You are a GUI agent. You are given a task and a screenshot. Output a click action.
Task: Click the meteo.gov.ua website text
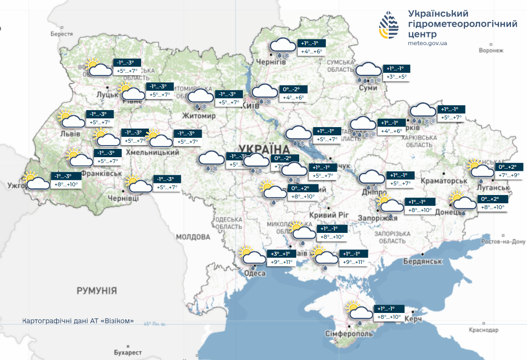coord(427,43)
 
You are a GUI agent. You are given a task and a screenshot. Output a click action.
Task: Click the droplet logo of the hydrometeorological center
coord(389,25)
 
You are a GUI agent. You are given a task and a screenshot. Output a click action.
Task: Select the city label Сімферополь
coord(350,334)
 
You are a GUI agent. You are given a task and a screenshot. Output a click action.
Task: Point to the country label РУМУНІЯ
coord(96,291)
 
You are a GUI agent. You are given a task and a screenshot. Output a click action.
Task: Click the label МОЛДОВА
coord(193,237)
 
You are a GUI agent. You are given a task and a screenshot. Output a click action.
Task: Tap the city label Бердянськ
coord(423,262)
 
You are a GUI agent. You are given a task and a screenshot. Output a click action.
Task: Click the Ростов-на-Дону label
coord(504,242)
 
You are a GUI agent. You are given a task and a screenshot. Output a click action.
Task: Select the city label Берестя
coord(62,34)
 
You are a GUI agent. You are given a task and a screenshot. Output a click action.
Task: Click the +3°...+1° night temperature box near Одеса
coord(281,254)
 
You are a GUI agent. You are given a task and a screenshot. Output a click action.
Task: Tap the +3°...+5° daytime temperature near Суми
coord(397,77)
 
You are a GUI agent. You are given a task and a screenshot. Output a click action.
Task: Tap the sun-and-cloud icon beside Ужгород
coord(37,181)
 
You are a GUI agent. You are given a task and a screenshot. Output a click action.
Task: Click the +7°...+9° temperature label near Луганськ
coord(509,175)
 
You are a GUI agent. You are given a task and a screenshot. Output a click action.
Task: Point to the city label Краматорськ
coord(444,181)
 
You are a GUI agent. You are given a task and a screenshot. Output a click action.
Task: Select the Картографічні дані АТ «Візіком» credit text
coord(78,321)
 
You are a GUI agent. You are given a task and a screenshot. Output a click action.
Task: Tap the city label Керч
coord(413,318)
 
